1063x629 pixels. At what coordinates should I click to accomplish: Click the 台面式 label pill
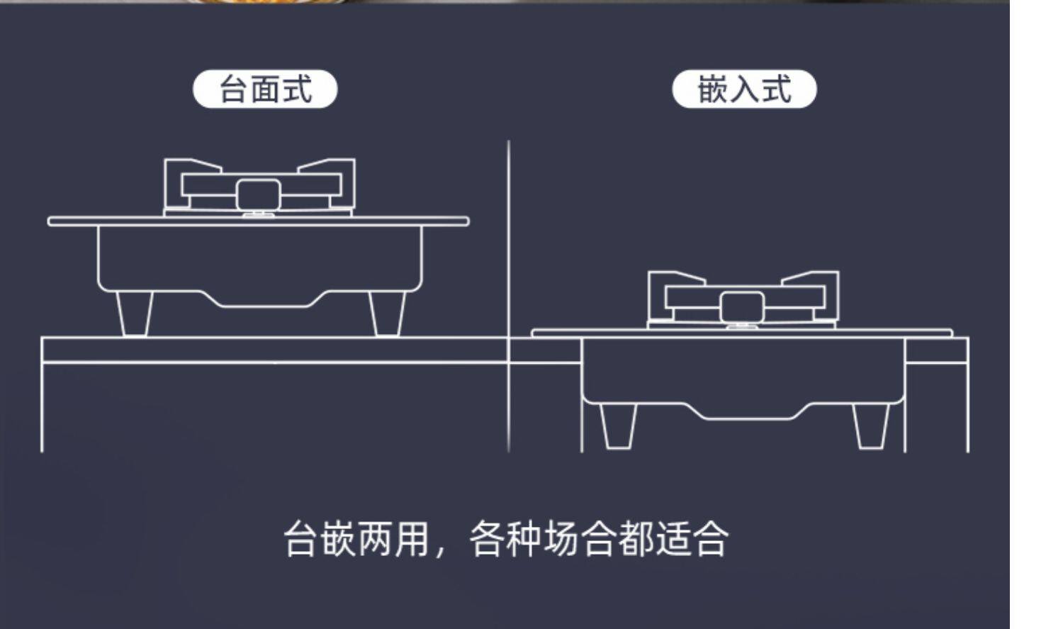coord(265,89)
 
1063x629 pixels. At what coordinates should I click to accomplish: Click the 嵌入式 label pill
coord(744,89)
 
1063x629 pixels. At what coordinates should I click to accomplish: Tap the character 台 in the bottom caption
coord(301,538)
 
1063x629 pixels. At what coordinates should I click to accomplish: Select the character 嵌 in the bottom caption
coord(338,538)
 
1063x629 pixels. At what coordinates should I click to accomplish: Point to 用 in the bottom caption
coord(412,538)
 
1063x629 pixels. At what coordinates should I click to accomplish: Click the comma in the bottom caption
coord(441,551)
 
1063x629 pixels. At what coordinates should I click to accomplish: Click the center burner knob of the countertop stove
coord(258,195)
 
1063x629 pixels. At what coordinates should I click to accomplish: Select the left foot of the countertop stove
coord(135,313)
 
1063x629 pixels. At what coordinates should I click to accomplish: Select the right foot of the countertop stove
coord(388,313)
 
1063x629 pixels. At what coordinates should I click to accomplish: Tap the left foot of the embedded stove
coord(619,425)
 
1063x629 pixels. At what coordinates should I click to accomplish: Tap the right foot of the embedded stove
coord(871,425)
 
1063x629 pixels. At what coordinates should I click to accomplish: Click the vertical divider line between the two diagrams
coord(509,296)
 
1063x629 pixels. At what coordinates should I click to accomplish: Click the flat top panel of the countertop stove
coord(258,221)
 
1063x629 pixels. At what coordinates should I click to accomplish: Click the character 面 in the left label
coord(266,89)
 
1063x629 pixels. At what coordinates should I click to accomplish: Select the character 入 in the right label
coord(745,89)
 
